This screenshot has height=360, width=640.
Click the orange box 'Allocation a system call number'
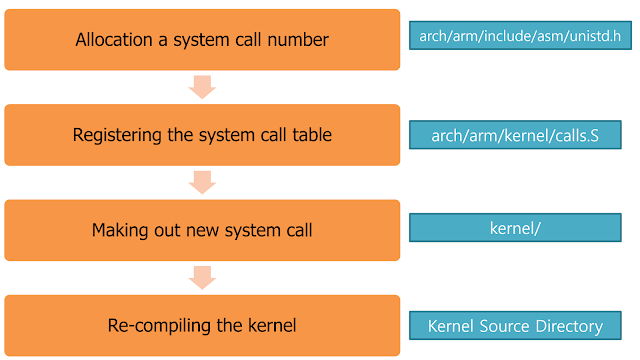tap(202, 40)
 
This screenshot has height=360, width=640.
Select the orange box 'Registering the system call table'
tap(202, 135)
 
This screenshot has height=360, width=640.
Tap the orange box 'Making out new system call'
tap(202, 230)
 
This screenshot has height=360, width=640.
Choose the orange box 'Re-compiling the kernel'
tap(202, 325)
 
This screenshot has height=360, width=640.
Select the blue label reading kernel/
tap(520, 228)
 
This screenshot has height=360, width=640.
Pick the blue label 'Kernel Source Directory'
tap(520, 326)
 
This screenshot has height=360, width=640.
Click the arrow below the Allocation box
tap(202, 87)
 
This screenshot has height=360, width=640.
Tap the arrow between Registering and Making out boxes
tap(202, 182)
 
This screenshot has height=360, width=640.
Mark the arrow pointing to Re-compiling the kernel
tap(202, 277)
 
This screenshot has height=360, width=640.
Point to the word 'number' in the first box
tap(299, 40)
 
